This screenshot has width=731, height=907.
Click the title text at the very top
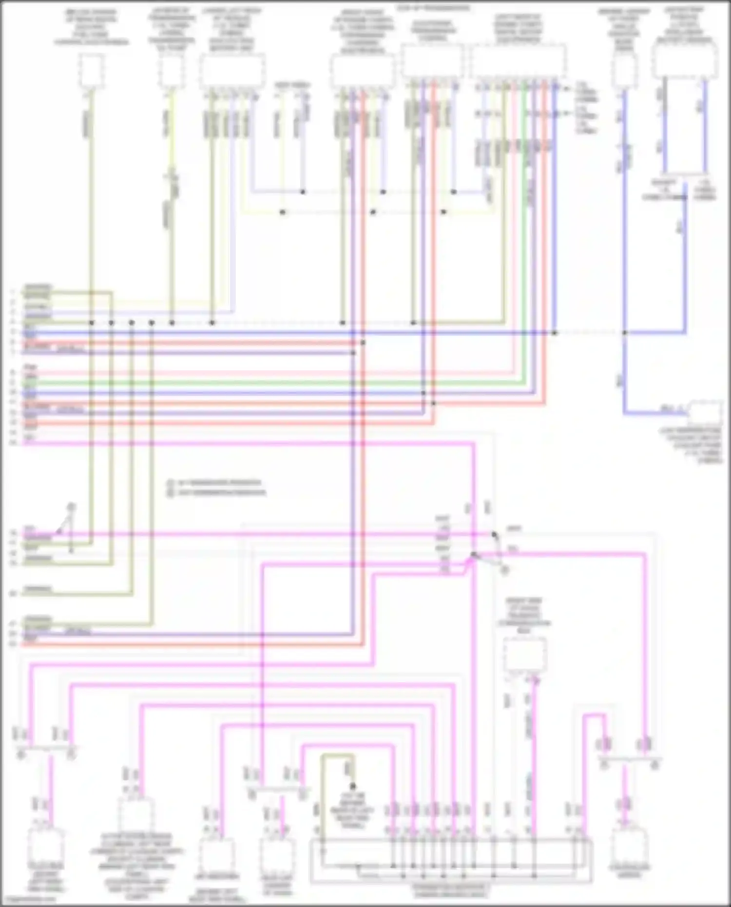pyautogui.click(x=433, y=8)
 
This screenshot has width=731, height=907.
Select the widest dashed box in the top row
pyautogui.click(x=518, y=60)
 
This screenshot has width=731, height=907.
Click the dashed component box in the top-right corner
pyautogui.click(x=685, y=60)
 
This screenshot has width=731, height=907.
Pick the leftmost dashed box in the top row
pyautogui.click(x=91, y=71)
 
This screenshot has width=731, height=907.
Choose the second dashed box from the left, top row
pyautogui.click(x=171, y=71)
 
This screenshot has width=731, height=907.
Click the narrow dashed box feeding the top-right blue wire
pyautogui.click(x=624, y=71)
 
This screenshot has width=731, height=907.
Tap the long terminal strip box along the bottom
pyautogui.click(x=451, y=861)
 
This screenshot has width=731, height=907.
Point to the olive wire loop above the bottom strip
pyautogui.click(x=337, y=757)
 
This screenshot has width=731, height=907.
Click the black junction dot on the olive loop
pyautogui.click(x=353, y=786)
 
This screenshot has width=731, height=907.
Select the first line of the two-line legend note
pyautogui.click(x=219, y=482)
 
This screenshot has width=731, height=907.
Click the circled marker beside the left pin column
pyautogui.click(x=71, y=507)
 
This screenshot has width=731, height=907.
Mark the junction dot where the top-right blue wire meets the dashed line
pyautogui.click(x=625, y=333)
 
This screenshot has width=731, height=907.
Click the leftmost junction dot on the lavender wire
pyautogui.click(x=303, y=192)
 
